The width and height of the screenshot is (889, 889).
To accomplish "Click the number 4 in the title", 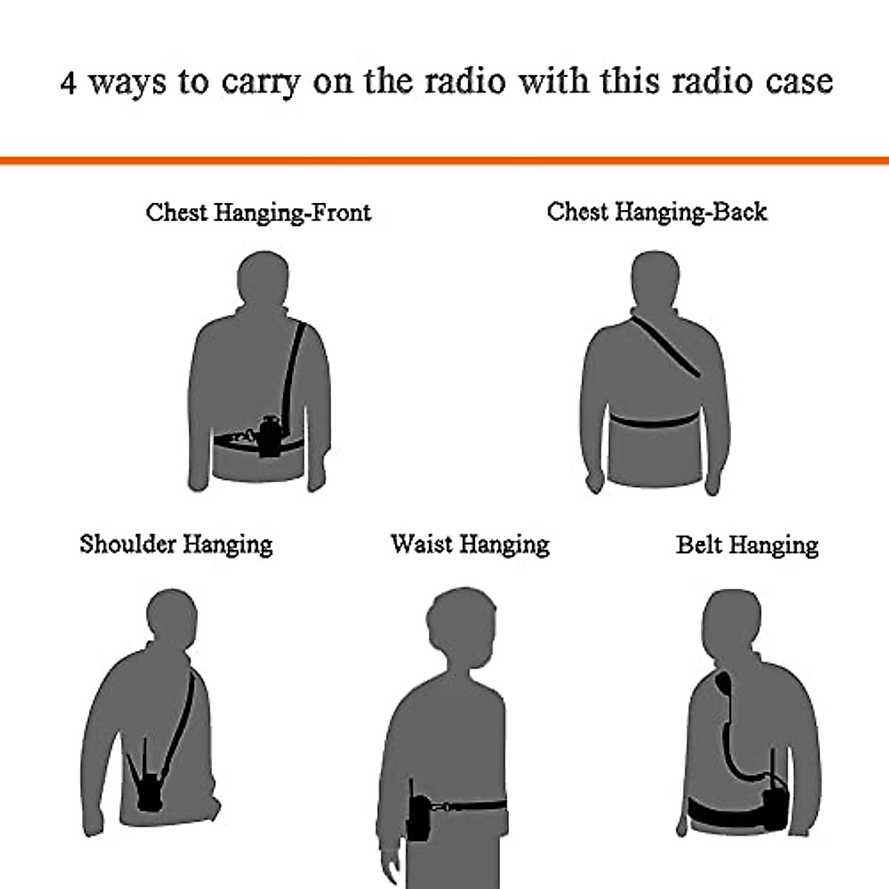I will [68, 82].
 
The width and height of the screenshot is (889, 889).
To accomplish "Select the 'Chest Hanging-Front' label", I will [258, 213].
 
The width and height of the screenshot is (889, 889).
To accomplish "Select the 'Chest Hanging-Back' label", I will [656, 212].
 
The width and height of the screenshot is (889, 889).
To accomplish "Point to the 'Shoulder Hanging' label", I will [176, 545].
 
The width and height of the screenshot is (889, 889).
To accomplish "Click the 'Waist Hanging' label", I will [470, 545].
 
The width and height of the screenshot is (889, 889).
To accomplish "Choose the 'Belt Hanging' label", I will [747, 545].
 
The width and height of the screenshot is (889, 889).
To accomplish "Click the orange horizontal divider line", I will [444, 161].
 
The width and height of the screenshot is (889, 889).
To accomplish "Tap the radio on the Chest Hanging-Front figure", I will [268, 437].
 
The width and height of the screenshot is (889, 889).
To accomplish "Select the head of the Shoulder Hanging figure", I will [172, 617].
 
